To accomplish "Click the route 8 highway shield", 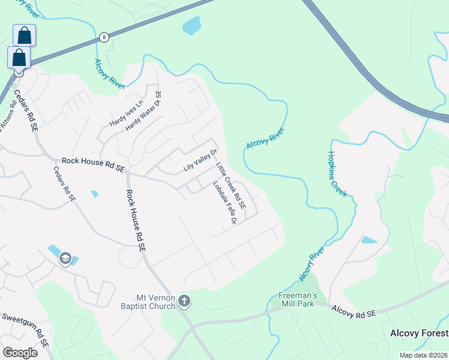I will (104, 37).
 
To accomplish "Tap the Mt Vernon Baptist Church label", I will (155, 301).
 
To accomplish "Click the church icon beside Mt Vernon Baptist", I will (184, 301).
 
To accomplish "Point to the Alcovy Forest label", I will (419, 333).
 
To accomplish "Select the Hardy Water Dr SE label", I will (144, 112).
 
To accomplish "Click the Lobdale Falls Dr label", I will (223, 203).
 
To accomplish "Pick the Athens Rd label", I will (7, 117).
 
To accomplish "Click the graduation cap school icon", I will (64, 259).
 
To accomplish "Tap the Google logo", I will (20, 353).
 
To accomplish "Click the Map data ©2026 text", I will (423, 355).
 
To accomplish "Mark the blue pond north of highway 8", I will (191, 25).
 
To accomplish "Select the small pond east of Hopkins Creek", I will (369, 240).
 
